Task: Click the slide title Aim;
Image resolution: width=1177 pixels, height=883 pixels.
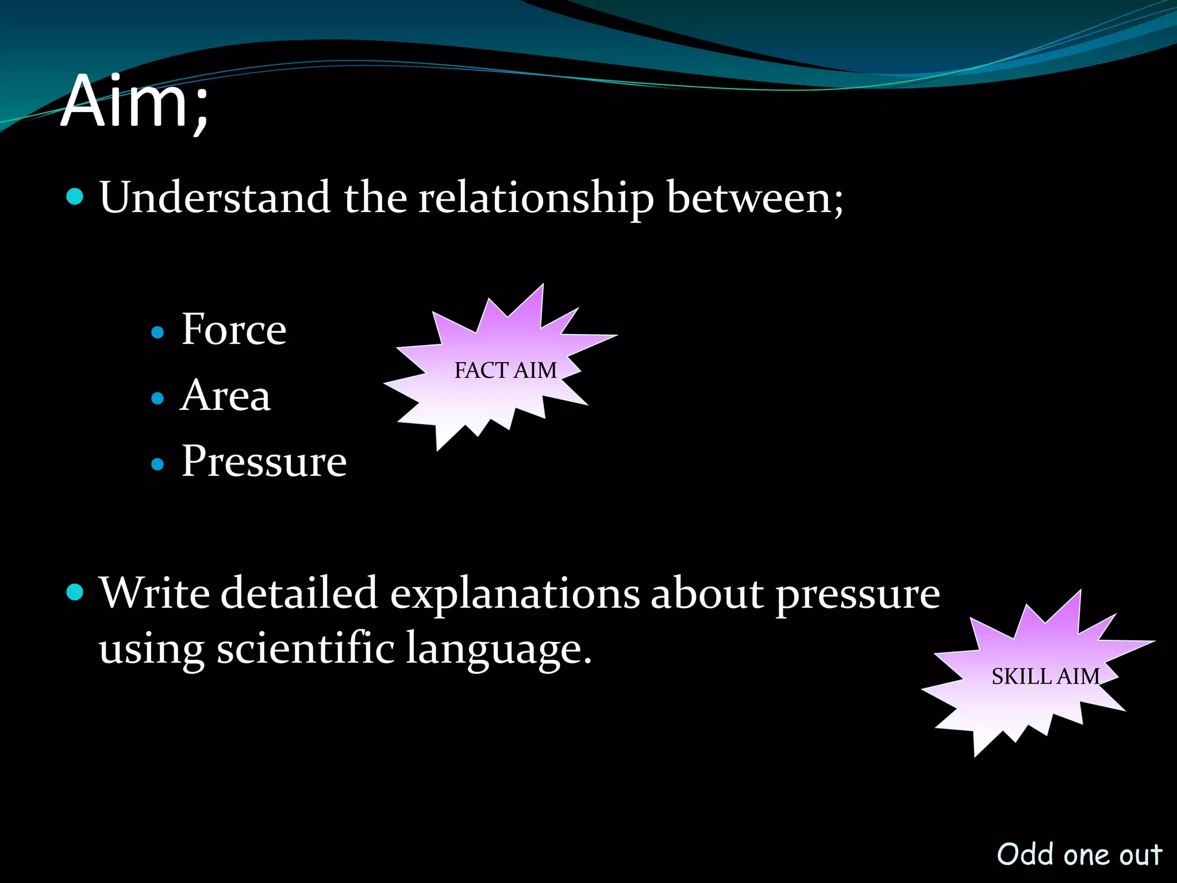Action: (x=134, y=102)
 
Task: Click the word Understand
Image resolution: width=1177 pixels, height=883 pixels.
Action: (x=214, y=197)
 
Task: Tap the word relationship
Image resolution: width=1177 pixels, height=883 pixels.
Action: (x=536, y=198)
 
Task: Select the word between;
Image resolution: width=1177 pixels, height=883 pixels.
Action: (x=755, y=197)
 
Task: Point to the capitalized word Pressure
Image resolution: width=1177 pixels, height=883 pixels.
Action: (x=264, y=462)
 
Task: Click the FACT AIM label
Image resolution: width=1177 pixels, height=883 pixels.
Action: (x=505, y=371)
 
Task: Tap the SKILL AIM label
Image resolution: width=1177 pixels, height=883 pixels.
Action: (x=1045, y=677)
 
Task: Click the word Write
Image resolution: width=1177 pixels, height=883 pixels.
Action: (x=154, y=593)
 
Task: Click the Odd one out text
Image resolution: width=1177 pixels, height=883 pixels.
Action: (x=1079, y=854)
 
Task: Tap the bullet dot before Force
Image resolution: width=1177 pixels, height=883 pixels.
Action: (x=157, y=332)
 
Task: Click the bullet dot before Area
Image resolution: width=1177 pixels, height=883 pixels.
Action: (x=157, y=398)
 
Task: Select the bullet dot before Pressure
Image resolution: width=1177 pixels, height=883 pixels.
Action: (x=157, y=464)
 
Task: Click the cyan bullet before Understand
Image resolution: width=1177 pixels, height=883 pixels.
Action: (x=75, y=197)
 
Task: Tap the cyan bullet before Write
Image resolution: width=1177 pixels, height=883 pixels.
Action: (x=75, y=592)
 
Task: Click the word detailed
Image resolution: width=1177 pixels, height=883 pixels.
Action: (x=299, y=593)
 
